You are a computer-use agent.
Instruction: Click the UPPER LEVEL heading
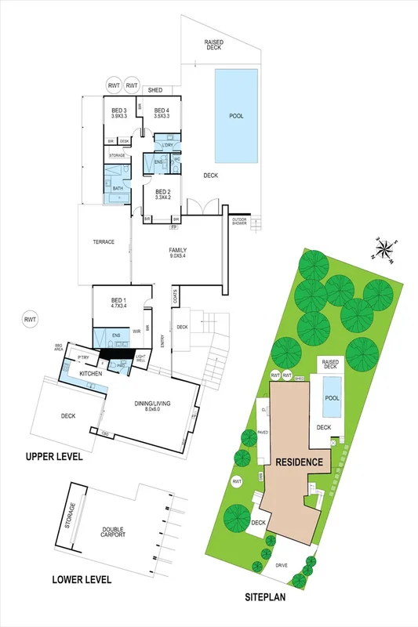pyautogui.click(x=54, y=456)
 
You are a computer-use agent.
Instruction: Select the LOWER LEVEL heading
pyautogui.click(x=82, y=580)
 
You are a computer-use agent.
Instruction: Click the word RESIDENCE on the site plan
pyautogui.click(x=299, y=462)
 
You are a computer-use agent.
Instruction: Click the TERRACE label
pyautogui.click(x=104, y=242)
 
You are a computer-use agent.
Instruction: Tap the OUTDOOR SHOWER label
pyautogui.click(x=239, y=223)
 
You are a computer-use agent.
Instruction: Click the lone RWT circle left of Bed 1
pyautogui.click(x=30, y=319)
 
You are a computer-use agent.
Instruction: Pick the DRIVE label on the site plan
pyautogui.click(x=282, y=564)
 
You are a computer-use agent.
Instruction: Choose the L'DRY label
pyautogui.click(x=166, y=146)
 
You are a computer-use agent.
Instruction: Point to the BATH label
pyautogui.click(x=118, y=188)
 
